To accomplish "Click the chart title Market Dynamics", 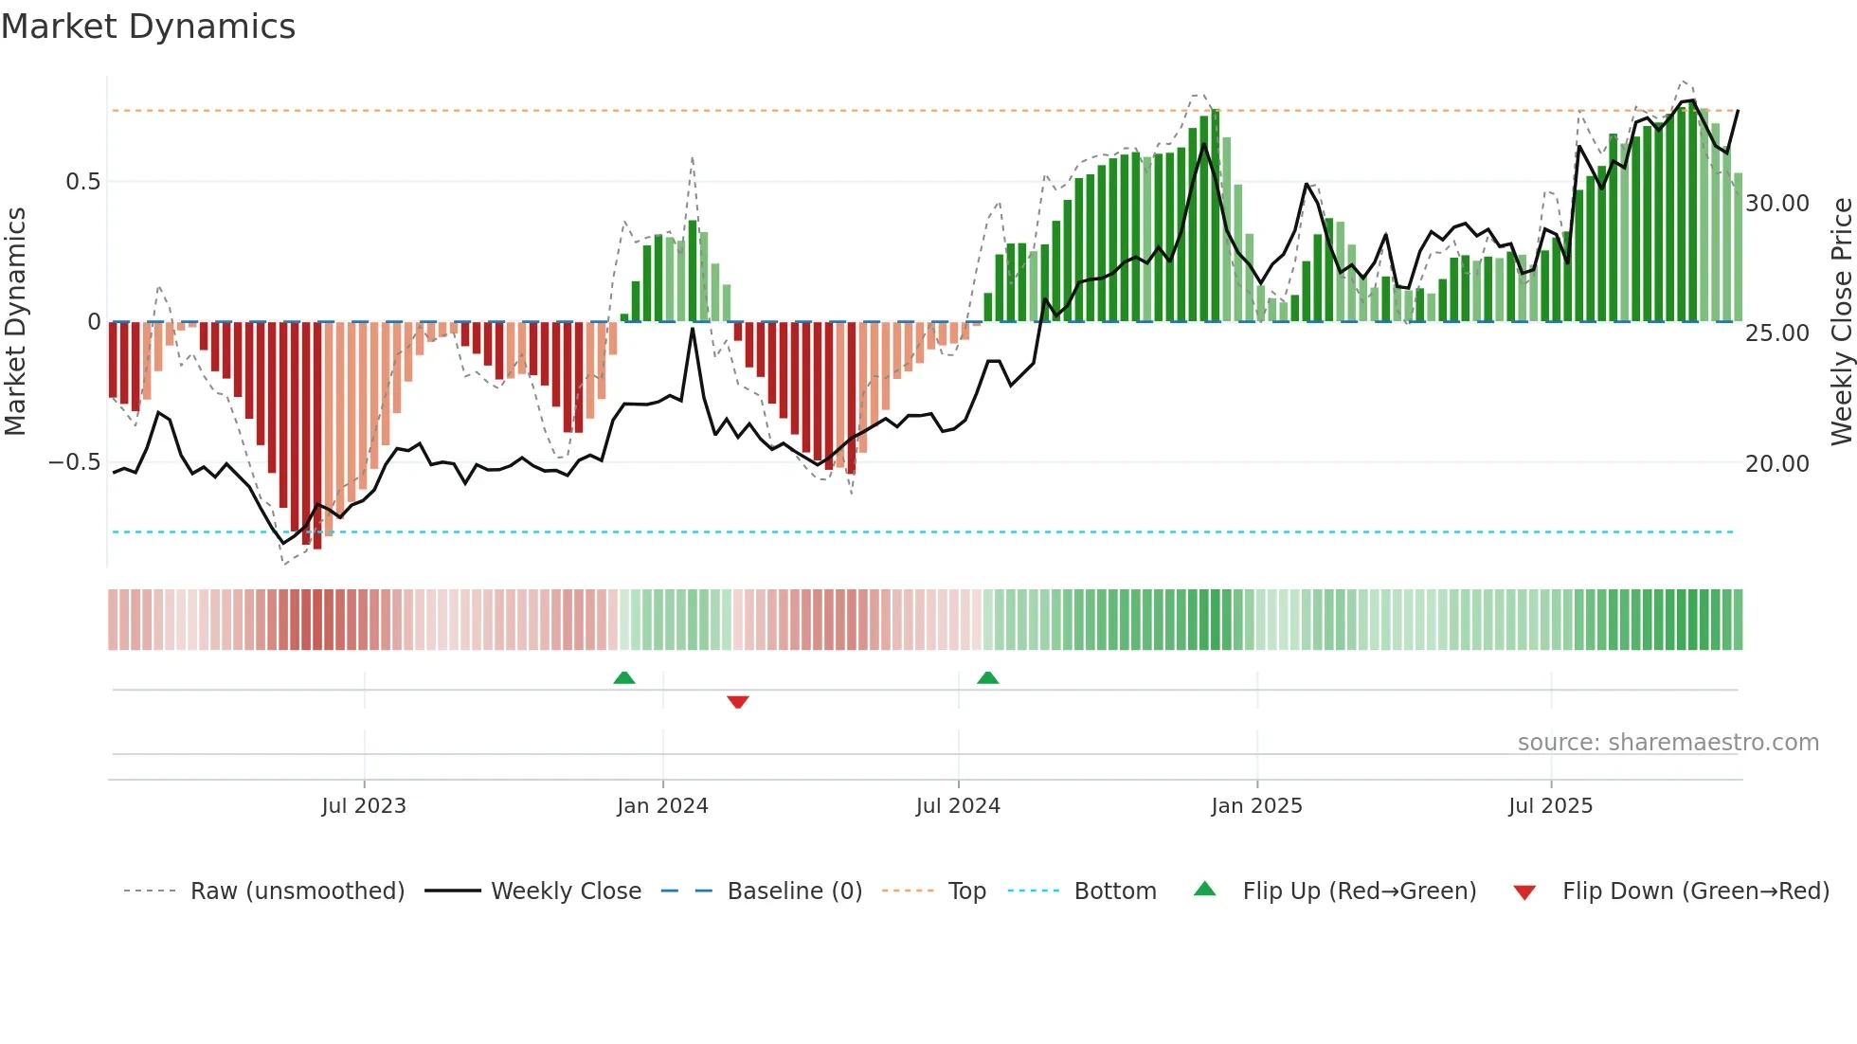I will (149, 27).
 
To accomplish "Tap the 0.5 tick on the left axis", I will (82, 182).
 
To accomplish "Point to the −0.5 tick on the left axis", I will (74, 462).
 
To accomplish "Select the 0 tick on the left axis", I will (94, 322).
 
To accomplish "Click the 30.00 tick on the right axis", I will (1776, 204).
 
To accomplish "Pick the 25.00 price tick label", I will (1776, 333).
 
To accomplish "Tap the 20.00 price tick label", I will (1776, 464).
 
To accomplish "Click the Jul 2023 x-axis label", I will (364, 806).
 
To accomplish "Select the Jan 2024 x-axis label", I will (662, 806).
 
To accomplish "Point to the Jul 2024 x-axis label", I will (958, 806).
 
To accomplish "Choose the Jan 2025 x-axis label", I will (1256, 806).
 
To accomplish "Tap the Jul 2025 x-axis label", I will (1550, 806).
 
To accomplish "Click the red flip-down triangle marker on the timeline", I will (738, 702).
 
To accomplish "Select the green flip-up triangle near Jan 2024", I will (623, 677).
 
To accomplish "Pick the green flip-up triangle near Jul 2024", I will (987, 677).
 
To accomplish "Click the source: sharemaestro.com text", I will (1668, 743).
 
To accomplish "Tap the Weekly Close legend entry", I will (566, 891).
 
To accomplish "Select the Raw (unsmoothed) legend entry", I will (297, 891).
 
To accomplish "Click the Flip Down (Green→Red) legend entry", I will (1695, 891).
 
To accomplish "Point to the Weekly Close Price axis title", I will (1841, 322).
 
